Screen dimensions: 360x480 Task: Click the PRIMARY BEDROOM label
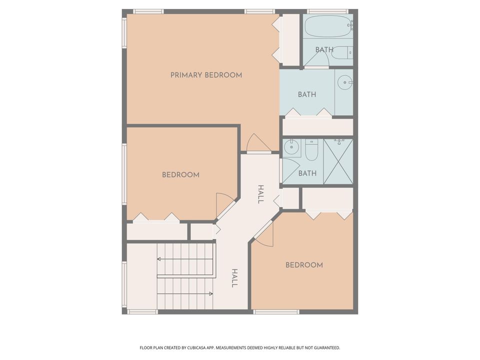point(206,75)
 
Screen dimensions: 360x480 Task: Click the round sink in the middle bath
point(344,82)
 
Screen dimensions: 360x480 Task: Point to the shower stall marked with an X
point(338,161)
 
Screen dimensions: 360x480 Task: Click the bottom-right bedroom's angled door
point(265,233)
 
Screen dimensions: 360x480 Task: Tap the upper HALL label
point(260,194)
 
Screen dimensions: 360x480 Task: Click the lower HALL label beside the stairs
point(234,278)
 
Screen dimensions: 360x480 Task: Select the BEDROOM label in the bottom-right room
point(304,265)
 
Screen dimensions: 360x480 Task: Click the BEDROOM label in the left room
point(180,175)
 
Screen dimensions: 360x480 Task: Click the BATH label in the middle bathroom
point(306,94)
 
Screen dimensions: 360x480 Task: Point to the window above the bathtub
point(327,11)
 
